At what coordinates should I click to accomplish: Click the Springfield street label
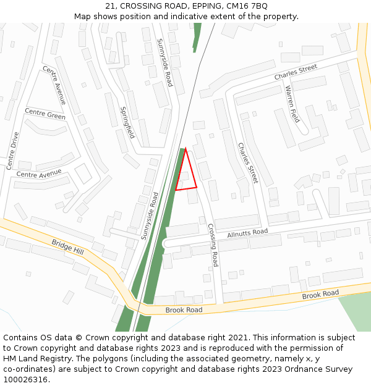pyautogui.click(x=127, y=122)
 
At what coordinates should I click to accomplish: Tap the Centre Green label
pyautogui.click(x=45, y=115)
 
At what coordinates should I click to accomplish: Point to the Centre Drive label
pyautogui.click(x=13, y=151)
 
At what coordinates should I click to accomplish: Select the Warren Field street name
pyautogui.click(x=292, y=104)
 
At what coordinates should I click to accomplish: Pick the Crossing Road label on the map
pyautogui.click(x=213, y=245)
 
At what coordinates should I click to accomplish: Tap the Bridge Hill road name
pyautogui.click(x=67, y=247)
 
